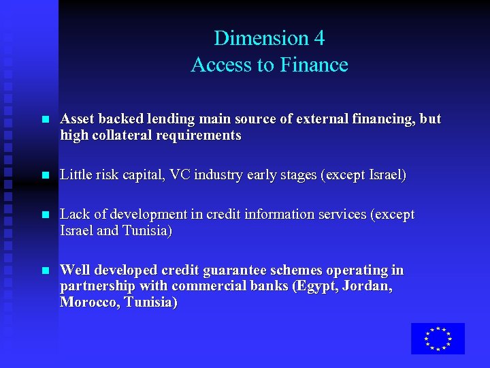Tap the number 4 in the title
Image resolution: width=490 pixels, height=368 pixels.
pos(318,38)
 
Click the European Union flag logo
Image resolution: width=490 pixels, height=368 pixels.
pos(438,339)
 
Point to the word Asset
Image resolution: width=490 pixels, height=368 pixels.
pos(76,119)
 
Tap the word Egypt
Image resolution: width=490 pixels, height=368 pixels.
pos(314,287)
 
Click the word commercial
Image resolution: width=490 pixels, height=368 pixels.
pos(208,287)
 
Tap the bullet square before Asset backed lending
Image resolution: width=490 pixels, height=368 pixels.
pos(45,120)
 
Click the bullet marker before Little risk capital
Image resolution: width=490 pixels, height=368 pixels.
pos(45,176)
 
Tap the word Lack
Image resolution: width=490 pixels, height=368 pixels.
pos(73,215)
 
